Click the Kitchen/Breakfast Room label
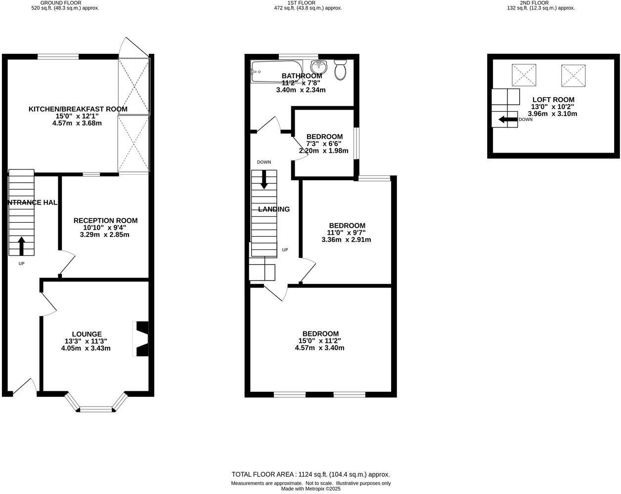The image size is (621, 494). (x=78, y=109)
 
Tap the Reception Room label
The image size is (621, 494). (x=105, y=221)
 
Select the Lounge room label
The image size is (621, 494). (x=87, y=334)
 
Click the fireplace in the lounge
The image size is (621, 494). (x=141, y=339)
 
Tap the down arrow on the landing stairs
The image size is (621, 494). (x=264, y=179)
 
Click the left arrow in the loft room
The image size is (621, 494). (x=507, y=120)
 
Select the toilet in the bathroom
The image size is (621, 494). (x=340, y=70)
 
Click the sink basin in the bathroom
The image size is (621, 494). (x=318, y=67)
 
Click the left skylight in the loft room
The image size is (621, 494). (x=524, y=75)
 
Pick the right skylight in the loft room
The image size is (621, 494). (x=574, y=75)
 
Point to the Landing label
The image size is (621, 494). (x=274, y=209)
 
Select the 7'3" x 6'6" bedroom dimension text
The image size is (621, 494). (x=324, y=144)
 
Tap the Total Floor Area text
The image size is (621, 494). (x=310, y=474)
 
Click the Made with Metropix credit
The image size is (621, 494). (x=310, y=489)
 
